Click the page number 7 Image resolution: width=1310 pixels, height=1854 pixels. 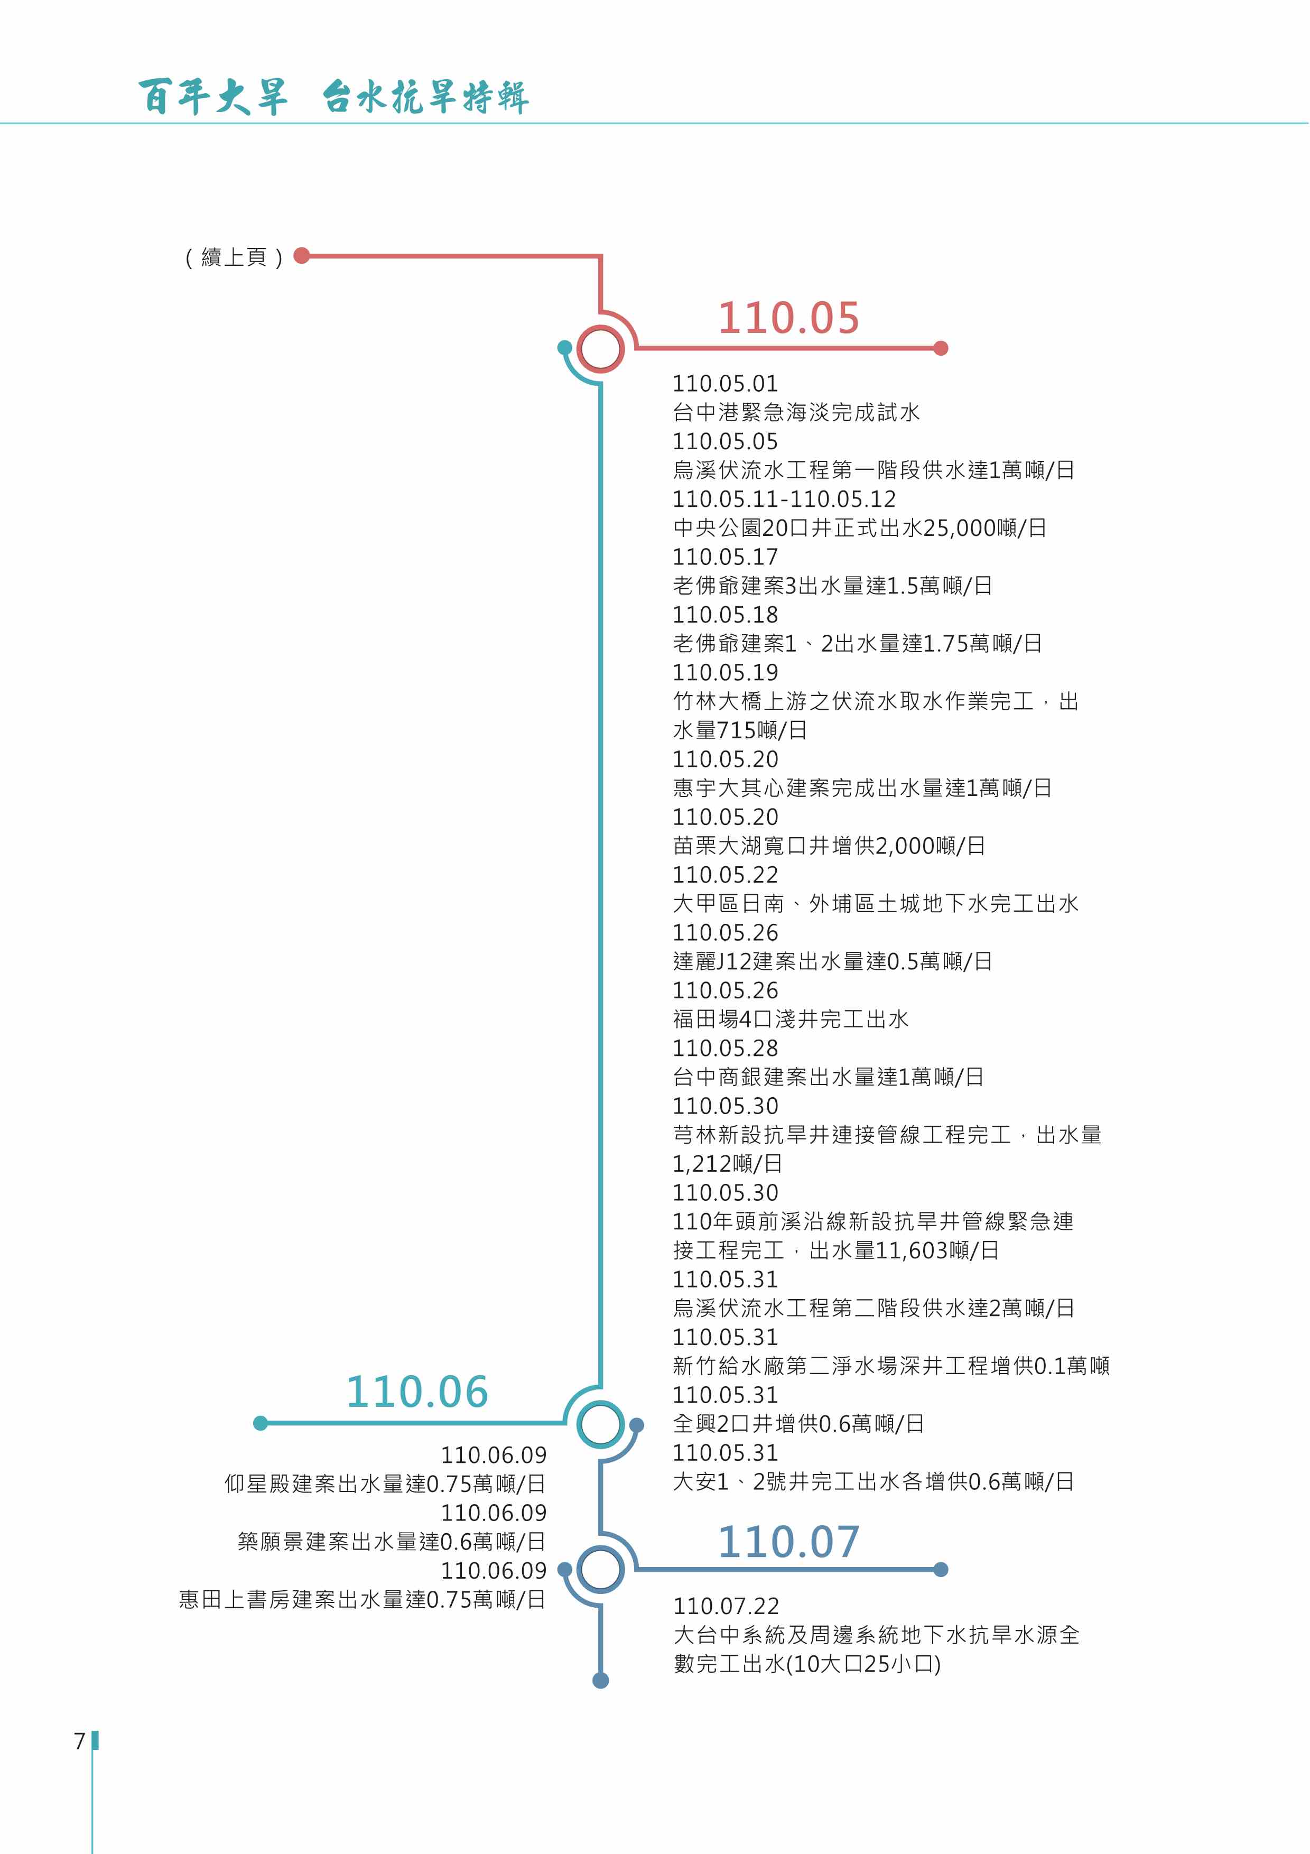(79, 1741)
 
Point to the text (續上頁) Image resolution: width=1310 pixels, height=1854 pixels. (234, 257)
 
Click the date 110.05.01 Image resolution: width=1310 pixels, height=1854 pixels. (725, 384)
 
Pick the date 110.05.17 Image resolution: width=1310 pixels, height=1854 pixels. (725, 557)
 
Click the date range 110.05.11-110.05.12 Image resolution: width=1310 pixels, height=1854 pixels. (784, 499)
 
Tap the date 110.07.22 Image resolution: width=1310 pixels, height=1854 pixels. (726, 1606)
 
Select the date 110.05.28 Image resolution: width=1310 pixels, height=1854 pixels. (725, 1048)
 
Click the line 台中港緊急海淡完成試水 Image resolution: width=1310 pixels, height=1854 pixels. (796, 413)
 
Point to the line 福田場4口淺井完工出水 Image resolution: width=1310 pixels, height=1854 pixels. (790, 1019)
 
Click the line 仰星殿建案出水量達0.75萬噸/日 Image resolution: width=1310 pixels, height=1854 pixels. (385, 1484)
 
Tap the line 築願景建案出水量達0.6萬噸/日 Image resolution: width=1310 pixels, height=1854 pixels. (392, 1542)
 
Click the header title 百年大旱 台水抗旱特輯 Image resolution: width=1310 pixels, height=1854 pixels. (333, 97)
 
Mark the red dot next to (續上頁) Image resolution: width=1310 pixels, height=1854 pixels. (302, 256)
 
